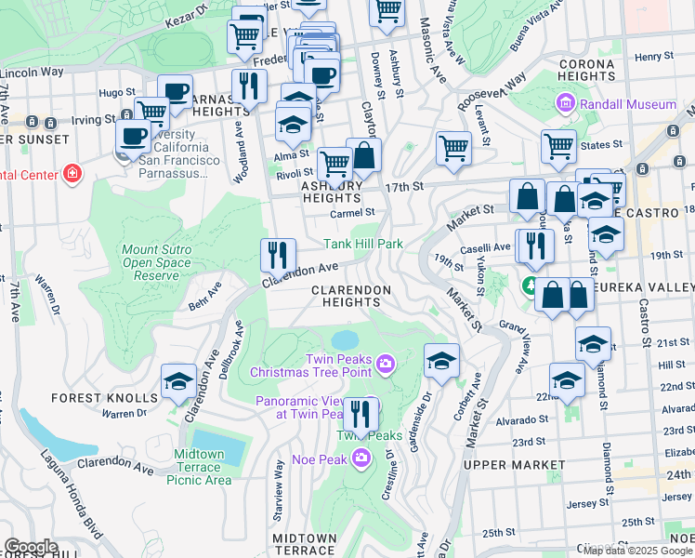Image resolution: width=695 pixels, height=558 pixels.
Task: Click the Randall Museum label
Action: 621,104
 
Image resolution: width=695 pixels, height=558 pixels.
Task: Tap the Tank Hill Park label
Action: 362,245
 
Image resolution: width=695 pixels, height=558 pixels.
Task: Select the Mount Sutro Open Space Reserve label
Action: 157,263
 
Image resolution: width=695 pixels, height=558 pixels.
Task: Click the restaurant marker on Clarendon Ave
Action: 278,256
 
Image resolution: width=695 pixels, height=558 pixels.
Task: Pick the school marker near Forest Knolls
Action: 178,381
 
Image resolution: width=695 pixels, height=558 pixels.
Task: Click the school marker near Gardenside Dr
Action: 442,361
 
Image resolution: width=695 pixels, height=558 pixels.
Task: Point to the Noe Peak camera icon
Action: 362,458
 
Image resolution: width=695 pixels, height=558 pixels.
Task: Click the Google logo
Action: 31,547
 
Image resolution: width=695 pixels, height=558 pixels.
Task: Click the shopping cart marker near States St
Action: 558,146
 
